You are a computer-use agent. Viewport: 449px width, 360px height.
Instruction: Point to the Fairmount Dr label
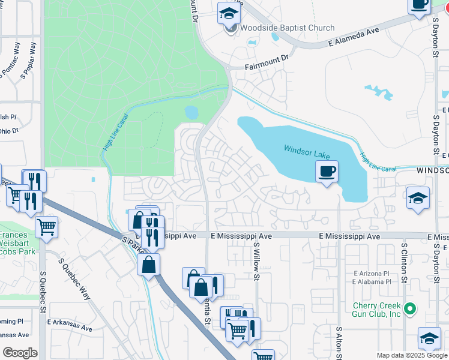[x=267, y=62]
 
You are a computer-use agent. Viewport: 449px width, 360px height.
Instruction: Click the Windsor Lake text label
[x=307, y=149]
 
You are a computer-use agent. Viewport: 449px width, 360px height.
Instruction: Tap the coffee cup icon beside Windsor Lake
[x=327, y=172]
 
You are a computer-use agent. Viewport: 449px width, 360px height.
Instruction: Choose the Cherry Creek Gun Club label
[x=369, y=310]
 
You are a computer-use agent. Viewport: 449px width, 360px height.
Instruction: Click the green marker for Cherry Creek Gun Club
[x=410, y=310]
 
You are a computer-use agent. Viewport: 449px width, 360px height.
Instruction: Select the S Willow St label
[x=256, y=262]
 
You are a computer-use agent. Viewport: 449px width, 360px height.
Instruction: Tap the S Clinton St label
[x=405, y=263]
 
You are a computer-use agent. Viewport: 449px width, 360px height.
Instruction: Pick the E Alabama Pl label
[x=372, y=281]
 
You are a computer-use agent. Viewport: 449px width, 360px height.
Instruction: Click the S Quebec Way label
[x=74, y=280]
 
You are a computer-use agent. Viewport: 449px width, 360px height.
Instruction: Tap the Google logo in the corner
[x=20, y=353]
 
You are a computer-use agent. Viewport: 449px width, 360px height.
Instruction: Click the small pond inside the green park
[x=191, y=112]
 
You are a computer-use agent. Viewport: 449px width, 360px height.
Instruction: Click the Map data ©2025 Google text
[x=411, y=355]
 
